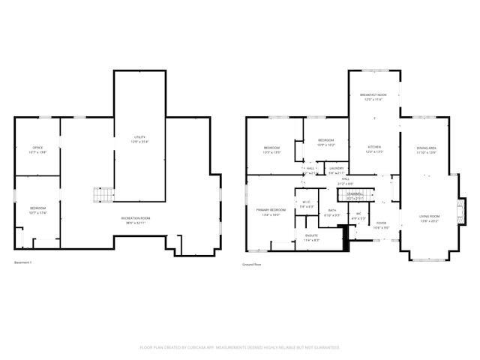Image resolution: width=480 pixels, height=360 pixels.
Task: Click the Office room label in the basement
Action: [37, 148]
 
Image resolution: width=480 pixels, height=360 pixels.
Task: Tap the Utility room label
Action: [139, 137]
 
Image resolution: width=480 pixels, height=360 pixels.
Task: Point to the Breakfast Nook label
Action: [373, 95]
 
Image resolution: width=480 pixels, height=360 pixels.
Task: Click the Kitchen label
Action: [373, 147]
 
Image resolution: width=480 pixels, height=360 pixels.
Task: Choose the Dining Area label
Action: [427, 148]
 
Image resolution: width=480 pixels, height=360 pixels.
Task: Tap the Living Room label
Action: [429, 217]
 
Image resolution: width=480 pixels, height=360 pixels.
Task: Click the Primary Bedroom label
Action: [268, 210]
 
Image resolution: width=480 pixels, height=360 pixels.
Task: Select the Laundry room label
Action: [337, 168]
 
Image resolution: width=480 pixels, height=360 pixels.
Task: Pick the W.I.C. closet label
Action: [306, 202]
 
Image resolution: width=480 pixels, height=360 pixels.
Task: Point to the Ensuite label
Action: [311, 235]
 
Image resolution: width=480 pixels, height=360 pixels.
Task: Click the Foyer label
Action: [381, 223]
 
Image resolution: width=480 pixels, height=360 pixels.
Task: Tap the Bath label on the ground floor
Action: [332, 211]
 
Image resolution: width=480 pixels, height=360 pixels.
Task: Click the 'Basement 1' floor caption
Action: [23, 262]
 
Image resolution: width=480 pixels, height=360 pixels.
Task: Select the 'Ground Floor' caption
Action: [250, 265]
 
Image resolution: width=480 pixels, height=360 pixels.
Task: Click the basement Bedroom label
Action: [37, 208]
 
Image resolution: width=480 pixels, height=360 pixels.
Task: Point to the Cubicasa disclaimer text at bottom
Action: [239, 347]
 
